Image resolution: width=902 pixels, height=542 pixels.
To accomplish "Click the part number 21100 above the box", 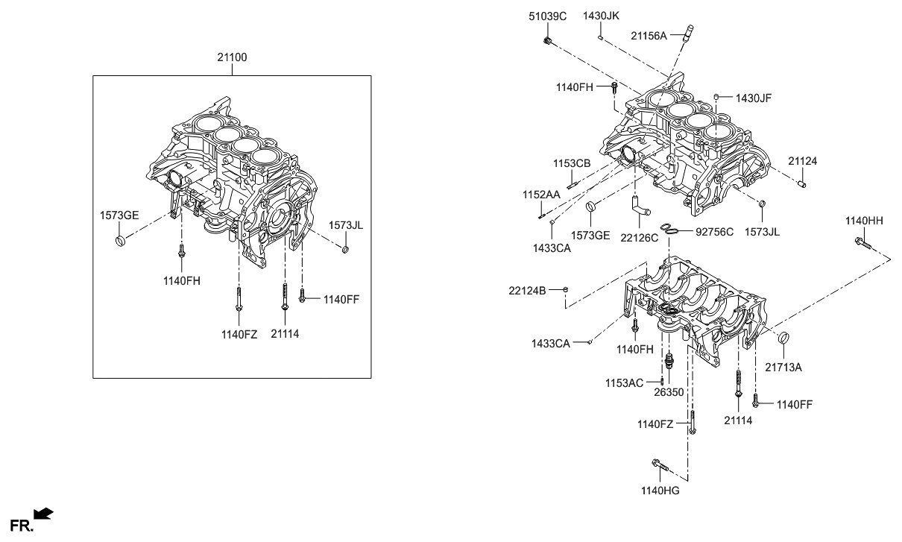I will (x=232, y=57).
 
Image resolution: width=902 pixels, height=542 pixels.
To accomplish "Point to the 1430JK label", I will (x=601, y=16).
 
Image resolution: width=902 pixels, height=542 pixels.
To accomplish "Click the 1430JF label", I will (x=754, y=98).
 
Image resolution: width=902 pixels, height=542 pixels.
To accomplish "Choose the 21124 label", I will (x=803, y=161).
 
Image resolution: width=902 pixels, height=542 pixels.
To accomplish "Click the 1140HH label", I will (x=863, y=221).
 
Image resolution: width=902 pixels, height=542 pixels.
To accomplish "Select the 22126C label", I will (x=639, y=239).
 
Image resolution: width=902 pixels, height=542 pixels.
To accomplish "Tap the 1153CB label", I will (x=572, y=163).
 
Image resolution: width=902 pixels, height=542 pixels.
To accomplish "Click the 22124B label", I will (x=528, y=289).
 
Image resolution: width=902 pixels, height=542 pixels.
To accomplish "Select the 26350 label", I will (x=669, y=391).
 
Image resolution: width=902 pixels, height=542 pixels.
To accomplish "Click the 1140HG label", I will (x=660, y=491).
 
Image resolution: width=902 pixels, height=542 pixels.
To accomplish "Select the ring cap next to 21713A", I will (x=784, y=340).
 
